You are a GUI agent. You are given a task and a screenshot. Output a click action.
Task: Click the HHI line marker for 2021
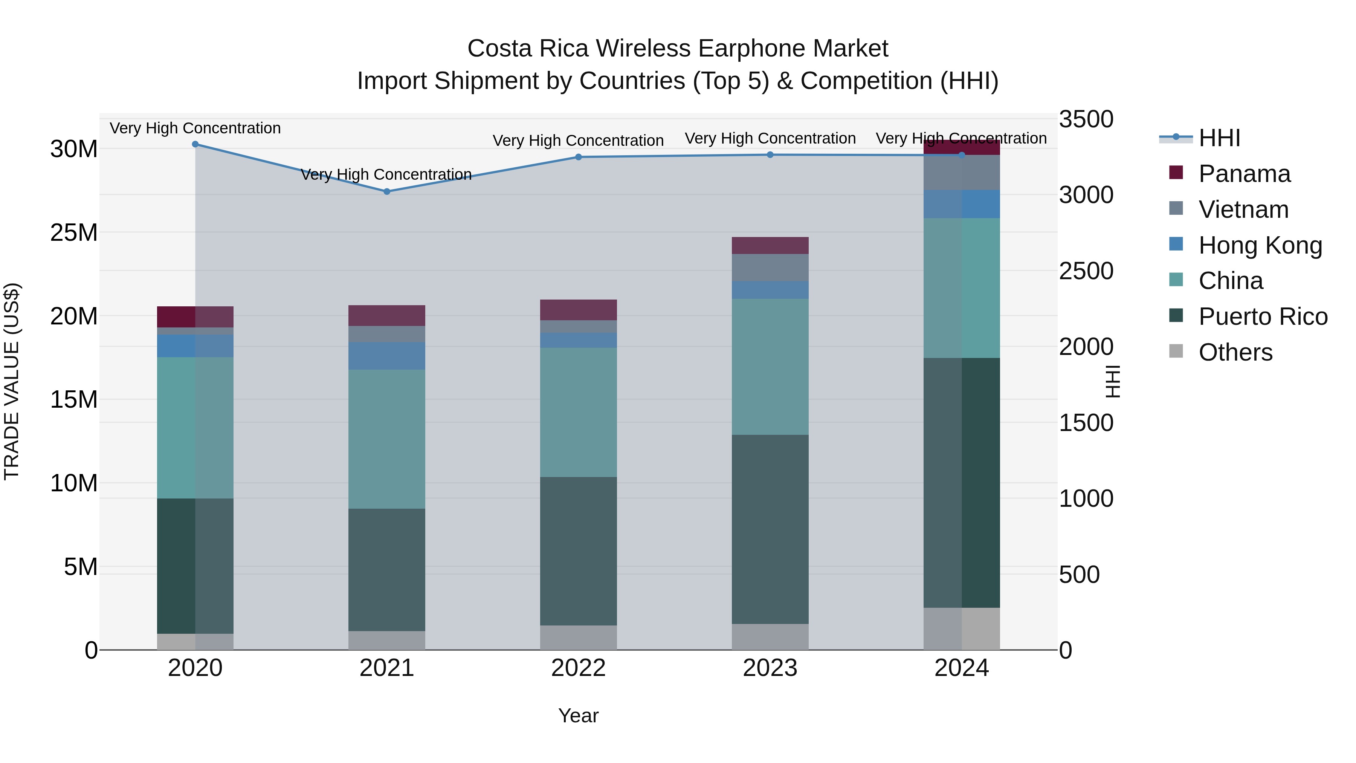pyautogui.click(x=387, y=192)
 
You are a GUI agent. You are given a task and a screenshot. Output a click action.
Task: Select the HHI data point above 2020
pyautogui.click(x=195, y=144)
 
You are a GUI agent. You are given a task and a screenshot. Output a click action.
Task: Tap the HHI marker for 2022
pyautogui.click(x=579, y=157)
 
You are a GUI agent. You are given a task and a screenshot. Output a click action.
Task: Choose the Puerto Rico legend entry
pyautogui.click(x=1262, y=317)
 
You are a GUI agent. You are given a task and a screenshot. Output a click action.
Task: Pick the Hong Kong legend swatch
pyautogui.click(x=1176, y=244)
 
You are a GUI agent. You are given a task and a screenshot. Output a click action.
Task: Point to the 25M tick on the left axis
pyautogui.click(x=74, y=232)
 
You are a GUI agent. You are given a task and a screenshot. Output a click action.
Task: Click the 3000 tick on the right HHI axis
pyautogui.click(x=1086, y=195)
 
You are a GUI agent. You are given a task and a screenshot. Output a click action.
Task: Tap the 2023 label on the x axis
pyautogui.click(x=770, y=668)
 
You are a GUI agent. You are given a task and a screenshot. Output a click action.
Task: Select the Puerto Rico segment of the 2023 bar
pyautogui.click(x=770, y=529)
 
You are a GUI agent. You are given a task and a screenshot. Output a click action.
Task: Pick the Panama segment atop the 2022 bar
pyautogui.click(x=579, y=310)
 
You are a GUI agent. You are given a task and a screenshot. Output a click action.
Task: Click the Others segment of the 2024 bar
pyautogui.click(x=962, y=629)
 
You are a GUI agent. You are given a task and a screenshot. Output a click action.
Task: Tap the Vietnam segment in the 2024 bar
pyautogui.click(x=962, y=172)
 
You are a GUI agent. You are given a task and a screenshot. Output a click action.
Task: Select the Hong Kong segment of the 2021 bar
pyautogui.click(x=387, y=356)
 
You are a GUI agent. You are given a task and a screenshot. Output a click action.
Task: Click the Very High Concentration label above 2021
pyautogui.click(x=386, y=174)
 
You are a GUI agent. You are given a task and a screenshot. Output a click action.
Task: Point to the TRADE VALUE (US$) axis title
pyautogui.click(x=12, y=381)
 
